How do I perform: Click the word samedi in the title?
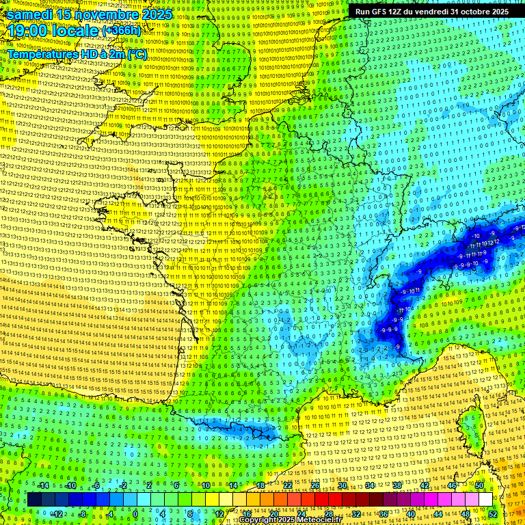tap(32, 14)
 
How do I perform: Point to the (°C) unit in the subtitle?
tap(135, 53)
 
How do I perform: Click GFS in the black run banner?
tap(388, 12)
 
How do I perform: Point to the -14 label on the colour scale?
tap(43, 485)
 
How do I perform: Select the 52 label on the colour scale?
tap(493, 513)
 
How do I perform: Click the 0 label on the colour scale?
tap(136, 513)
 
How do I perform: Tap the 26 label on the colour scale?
tap(315, 485)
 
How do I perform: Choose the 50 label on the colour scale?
tap(479, 485)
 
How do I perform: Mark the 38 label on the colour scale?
tap(397, 485)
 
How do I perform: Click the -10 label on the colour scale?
tap(70, 485)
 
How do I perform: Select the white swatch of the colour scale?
tap(486, 500)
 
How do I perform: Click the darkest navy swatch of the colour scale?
tap(35, 500)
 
